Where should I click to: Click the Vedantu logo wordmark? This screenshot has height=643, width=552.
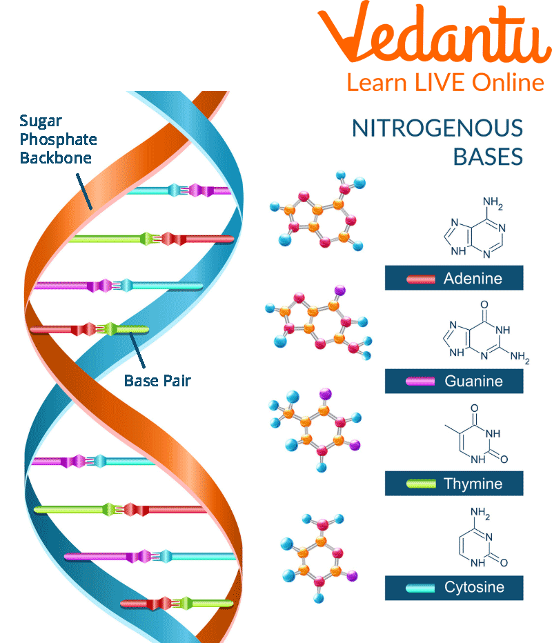click(x=435, y=33)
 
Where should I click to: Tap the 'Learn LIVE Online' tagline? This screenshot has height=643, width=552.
click(x=445, y=82)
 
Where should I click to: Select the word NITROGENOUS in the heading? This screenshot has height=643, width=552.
click(x=437, y=128)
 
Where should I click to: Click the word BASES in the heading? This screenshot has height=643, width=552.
click(x=488, y=157)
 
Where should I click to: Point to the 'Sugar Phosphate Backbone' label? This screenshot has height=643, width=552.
click(x=58, y=139)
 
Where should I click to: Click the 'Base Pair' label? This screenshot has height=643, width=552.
click(x=157, y=381)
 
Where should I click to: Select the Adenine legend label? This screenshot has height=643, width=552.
click(x=473, y=279)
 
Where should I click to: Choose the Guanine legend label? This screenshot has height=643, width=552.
click(x=473, y=381)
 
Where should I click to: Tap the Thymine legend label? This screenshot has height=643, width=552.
click(x=473, y=484)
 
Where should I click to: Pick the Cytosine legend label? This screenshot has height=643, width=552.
click(x=475, y=587)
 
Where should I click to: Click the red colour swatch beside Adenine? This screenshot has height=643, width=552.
click(x=421, y=279)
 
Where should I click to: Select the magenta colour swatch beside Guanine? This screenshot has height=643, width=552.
click(x=420, y=382)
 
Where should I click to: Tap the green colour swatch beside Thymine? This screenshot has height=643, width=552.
click(x=421, y=484)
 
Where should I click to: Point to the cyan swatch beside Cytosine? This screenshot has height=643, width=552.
click(x=420, y=588)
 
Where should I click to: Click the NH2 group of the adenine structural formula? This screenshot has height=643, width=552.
click(x=493, y=203)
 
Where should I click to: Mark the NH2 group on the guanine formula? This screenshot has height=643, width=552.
click(x=520, y=357)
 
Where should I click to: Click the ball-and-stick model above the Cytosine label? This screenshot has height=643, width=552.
click(x=319, y=557)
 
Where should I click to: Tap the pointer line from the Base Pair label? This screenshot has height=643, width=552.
click(x=137, y=350)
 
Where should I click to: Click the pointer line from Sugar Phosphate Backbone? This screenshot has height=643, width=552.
click(x=84, y=192)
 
